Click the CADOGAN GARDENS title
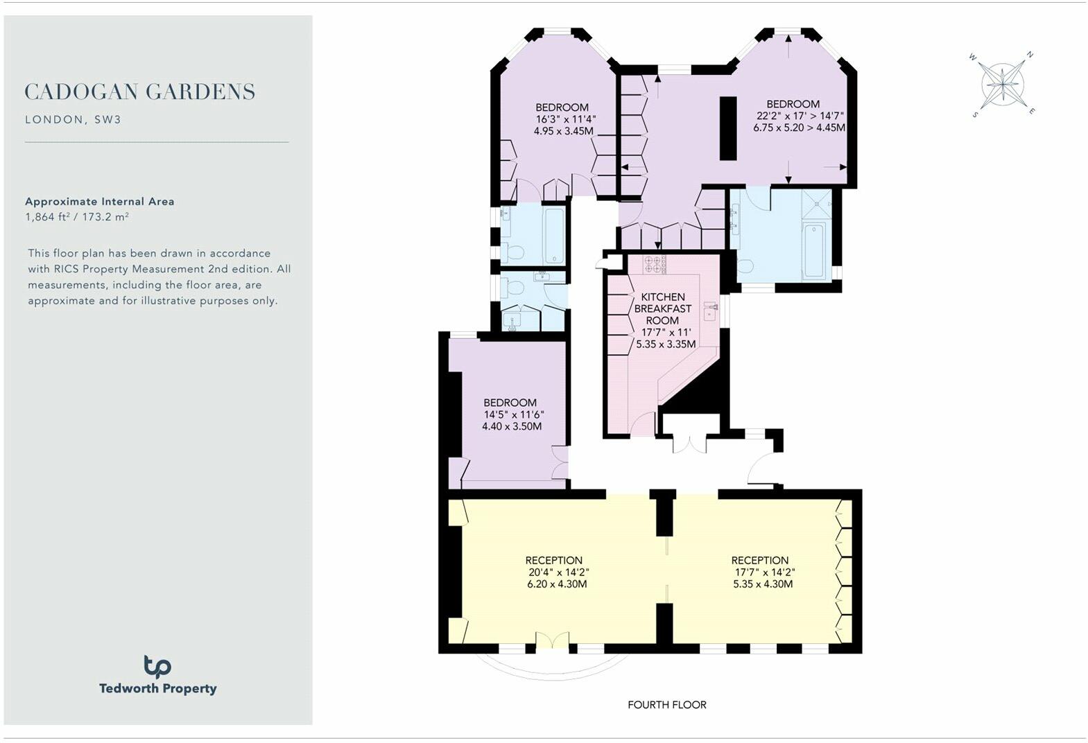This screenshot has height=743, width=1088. point(140,91)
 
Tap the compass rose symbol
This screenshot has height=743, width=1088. point(1003,85)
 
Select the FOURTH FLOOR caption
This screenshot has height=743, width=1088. point(667,705)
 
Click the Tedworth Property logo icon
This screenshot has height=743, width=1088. point(157,667)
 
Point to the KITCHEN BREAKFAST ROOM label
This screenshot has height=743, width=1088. point(662,308)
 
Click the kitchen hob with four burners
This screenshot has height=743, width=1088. point(653,264)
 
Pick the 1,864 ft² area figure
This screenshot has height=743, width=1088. point(46,216)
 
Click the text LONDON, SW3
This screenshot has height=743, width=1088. point(73,119)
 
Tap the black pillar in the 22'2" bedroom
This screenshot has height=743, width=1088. point(727,128)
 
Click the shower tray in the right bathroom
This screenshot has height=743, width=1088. point(817,204)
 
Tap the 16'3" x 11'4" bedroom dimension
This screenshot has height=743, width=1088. point(565,119)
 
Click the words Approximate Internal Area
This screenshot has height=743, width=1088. point(100,202)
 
